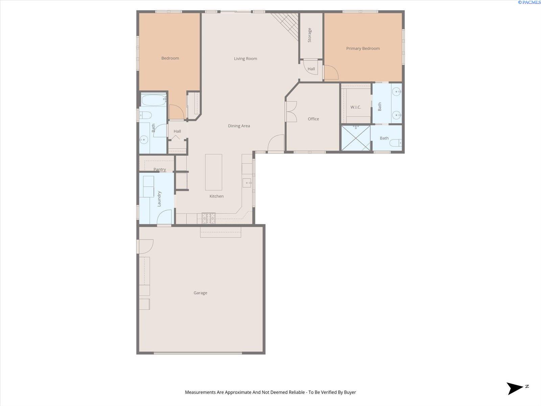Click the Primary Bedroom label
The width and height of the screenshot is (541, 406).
click(363, 49)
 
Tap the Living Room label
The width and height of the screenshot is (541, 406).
click(245, 59)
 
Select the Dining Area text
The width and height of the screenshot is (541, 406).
click(239, 126)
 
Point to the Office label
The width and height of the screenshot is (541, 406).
click(313, 119)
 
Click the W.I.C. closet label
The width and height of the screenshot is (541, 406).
click(356, 107)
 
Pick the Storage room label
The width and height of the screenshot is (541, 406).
click(310, 35)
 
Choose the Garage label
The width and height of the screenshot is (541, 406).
click(201, 293)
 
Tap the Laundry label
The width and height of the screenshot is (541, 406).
click(159, 199)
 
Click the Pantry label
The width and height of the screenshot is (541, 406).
click(160, 170)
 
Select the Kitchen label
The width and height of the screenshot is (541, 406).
click(217, 196)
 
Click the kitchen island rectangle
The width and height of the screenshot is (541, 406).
click(214, 172)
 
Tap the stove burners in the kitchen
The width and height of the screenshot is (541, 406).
click(209, 218)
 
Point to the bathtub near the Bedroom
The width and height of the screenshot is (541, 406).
click(154, 100)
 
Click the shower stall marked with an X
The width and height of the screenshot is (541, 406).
click(356, 138)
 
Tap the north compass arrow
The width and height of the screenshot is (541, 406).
click(515, 388)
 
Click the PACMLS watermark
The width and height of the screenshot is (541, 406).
click(529, 2)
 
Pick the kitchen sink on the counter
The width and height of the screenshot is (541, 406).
click(247, 183)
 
